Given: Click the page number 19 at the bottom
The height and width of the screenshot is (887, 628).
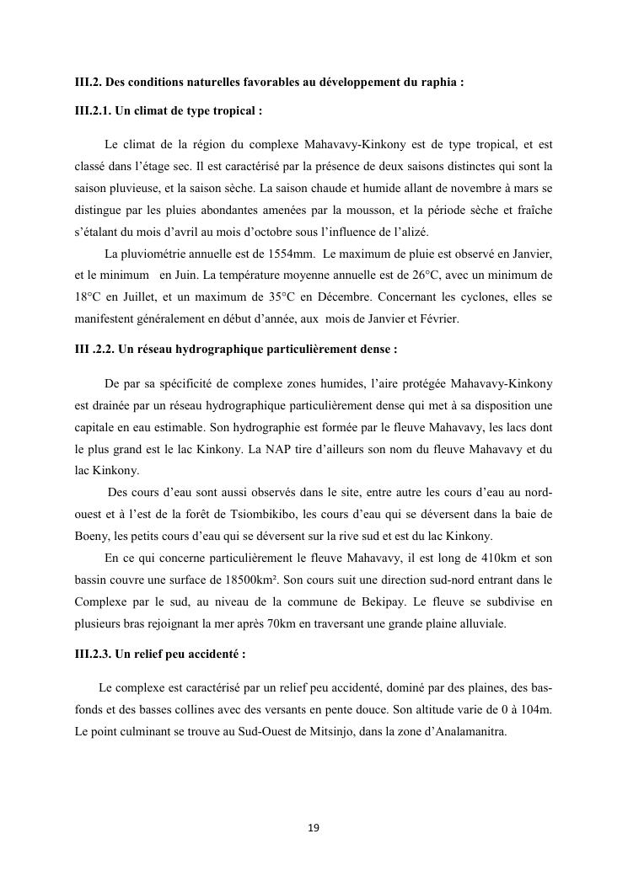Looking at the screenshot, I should click(x=314, y=829).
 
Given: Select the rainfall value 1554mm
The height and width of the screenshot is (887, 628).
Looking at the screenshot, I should click(x=288, y=254).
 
